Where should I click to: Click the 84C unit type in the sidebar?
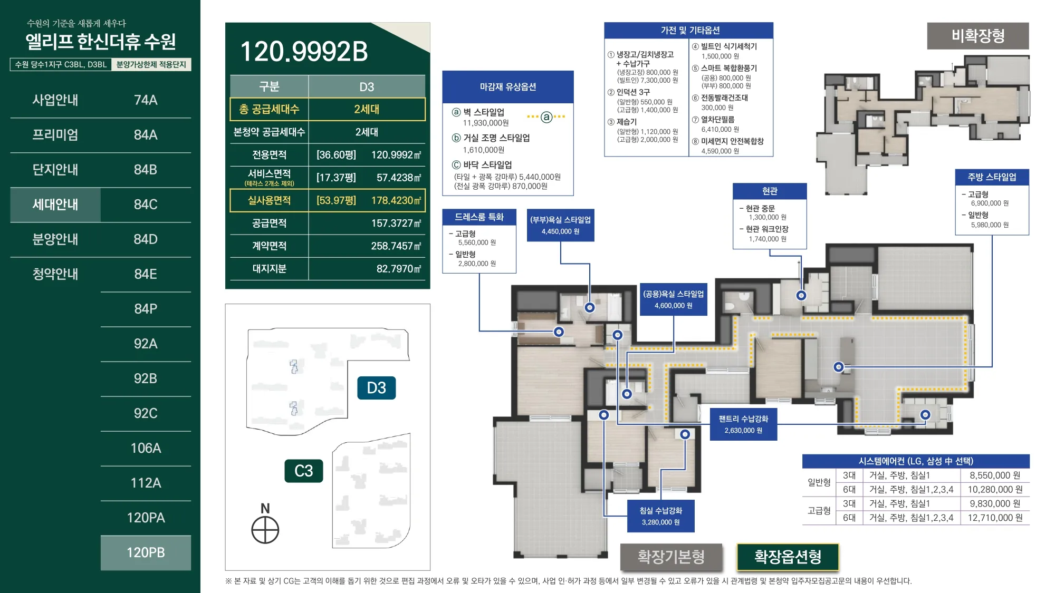(x=146, y=205)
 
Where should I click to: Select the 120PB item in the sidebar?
(x=146, y=552)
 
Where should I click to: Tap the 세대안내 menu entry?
(x=55, y=205)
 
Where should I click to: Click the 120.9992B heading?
(x=304, y=52)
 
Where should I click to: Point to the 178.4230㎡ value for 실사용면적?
(x=396, y=200)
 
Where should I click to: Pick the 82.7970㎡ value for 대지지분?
(x=399, y=269)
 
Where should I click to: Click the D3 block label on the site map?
(x=376, y=388)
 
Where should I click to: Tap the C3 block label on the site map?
(x=304, y=471)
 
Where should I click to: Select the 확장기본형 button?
(x=671, y=557)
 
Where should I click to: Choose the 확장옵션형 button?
(x=788, y=557)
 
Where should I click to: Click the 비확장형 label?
(x=978, y=36)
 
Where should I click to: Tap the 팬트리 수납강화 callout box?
(x=743, y=424)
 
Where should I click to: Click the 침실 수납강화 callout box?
(x=661, y=516)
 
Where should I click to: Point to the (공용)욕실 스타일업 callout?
(x=674, y=299)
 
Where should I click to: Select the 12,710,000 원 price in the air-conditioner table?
(x=995, y=518)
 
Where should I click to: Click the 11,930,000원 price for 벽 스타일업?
(x=486, y=123)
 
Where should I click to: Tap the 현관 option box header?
(x=770, y=191)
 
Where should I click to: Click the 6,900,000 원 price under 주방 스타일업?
(x=990, y=203)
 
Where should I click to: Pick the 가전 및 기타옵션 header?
(x=689, y=31)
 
